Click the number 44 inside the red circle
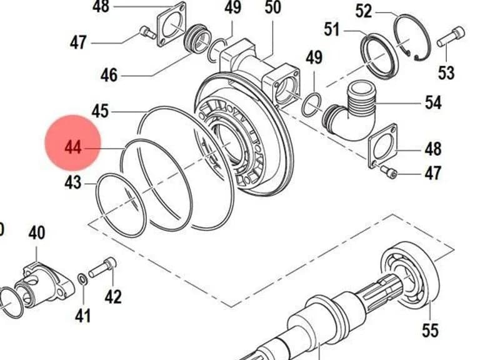pos(73,147)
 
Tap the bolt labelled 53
pos(450,37)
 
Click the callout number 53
pos(446,73)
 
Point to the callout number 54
pos(433,102)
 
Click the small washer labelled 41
pos(82,279)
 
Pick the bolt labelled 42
pos(102,267)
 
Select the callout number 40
pos(37,232)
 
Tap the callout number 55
pos(430,330)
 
